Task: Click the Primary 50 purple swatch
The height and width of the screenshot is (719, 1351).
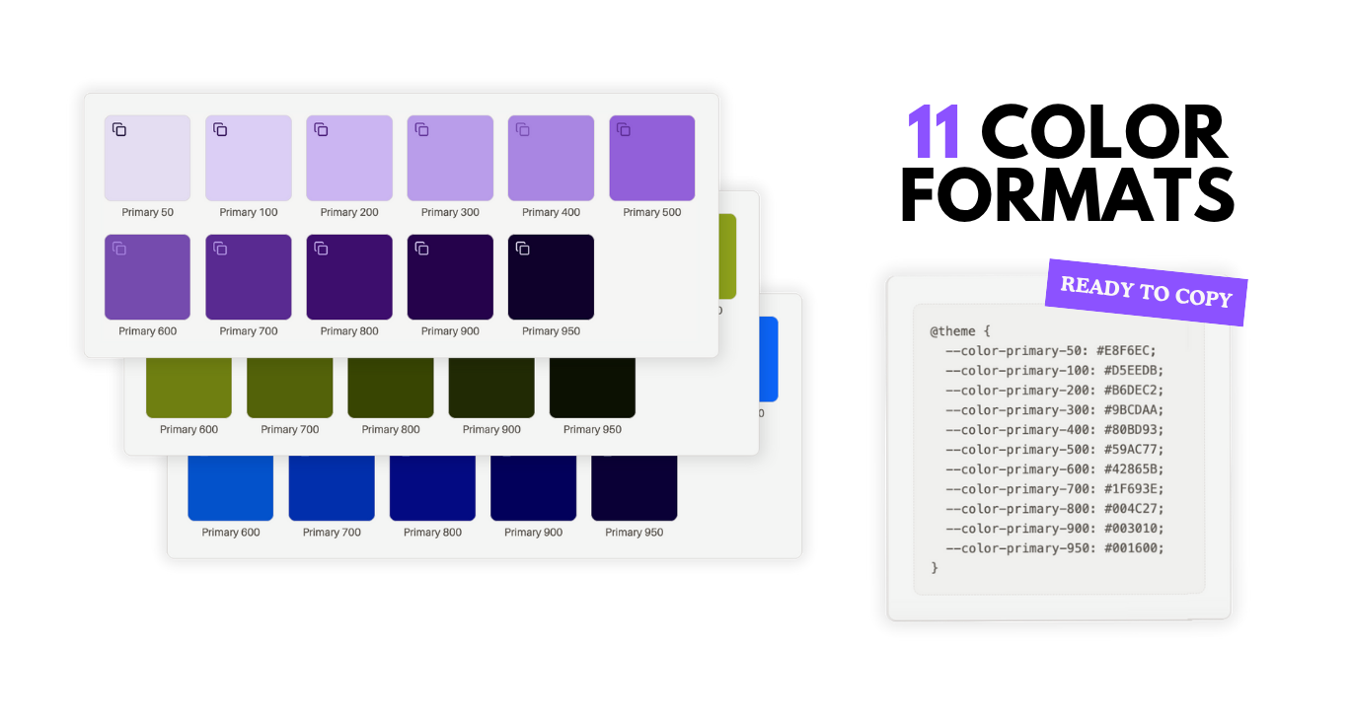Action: click(x=147, y=163)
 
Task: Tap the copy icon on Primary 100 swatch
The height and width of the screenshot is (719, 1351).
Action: click(x=220, y=129)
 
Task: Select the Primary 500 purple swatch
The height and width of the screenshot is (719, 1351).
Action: click(x=652, y=163)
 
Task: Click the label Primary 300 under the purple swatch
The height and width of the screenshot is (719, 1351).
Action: click(x=450, y=212)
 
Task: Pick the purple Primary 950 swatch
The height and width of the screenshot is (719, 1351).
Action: click(x=551, y=281)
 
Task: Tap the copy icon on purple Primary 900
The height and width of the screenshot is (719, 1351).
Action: click(x=421, y=249)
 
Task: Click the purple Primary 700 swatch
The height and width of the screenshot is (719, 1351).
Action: click(x=249, y=281)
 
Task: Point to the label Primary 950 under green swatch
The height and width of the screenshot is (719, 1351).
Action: click(x=592, y=429)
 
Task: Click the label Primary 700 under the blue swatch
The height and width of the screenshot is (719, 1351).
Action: click(x=332, y=533)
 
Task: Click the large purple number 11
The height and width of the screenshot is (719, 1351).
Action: click(x=934, y=131)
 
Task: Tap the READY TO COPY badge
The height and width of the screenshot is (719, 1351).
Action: click(x=1146, y=292)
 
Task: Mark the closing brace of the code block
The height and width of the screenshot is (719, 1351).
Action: click(x=935, y=568)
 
